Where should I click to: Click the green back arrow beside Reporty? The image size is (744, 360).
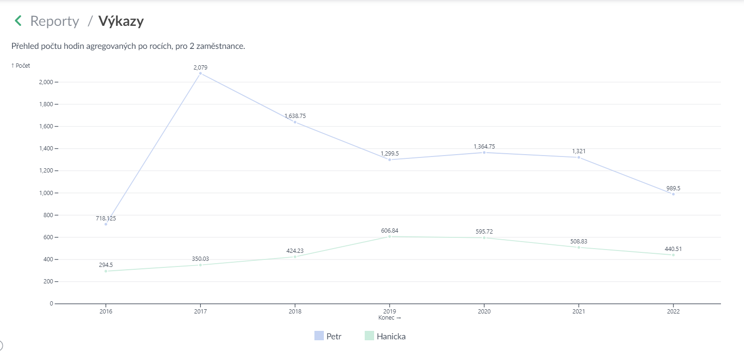(18, 21)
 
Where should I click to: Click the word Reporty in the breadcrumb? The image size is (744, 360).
(55, 21)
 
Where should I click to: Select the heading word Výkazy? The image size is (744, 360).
(121, 21)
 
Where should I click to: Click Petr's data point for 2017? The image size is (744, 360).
(200, 73)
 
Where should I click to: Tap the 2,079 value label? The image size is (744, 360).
(200, 67)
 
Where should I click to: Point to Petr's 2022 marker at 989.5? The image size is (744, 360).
(673, 194)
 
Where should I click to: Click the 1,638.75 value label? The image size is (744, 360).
(295, 116)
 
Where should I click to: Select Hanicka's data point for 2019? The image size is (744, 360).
(390, 236)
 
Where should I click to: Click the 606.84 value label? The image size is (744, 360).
(390, 230)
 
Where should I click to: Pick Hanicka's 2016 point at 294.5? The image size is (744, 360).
(106, 271)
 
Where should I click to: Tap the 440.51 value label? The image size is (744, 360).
(673, 249)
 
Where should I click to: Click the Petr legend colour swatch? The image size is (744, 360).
(319, 336)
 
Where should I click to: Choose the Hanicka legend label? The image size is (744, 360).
(391, 337)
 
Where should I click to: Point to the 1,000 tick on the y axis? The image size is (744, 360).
(46, 193)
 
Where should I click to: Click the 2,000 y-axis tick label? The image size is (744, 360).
(46, 82)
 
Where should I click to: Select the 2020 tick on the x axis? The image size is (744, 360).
(484, 311)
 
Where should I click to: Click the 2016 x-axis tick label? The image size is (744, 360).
(106, 311)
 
